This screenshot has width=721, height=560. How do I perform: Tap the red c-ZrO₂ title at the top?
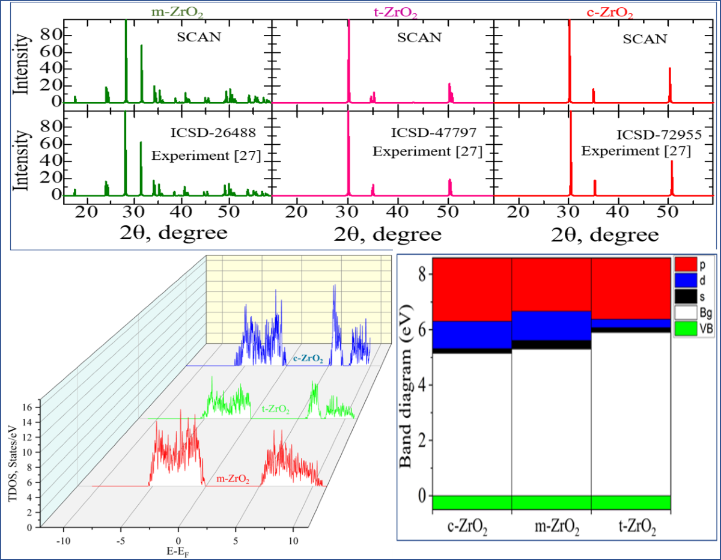click(x=608, y=12)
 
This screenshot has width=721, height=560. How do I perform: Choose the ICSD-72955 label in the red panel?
click(x=654, y=136)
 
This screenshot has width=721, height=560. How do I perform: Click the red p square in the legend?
click(x=686, y=265)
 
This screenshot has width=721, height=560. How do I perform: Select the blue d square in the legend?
click(x=686, y=281)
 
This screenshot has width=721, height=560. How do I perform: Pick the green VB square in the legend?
click(x=686, y=329)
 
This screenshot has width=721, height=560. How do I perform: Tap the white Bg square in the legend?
click(x=686, y=313)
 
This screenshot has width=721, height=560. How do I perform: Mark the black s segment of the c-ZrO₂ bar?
click(x=472, y=350)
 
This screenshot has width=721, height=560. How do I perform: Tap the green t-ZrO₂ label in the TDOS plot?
click(x=276, y=410)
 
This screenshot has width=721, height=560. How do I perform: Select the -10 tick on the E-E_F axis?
click(x=63, y=540)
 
